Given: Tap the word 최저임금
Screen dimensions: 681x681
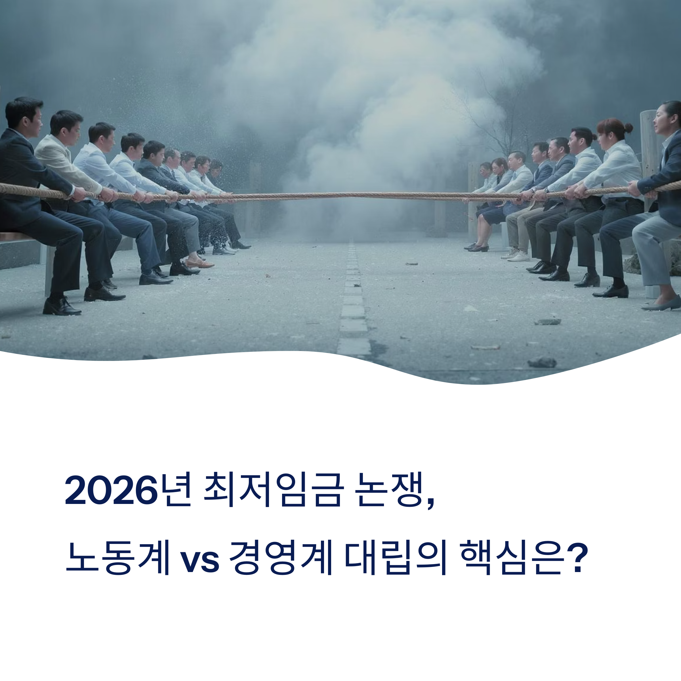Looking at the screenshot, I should [273, 490].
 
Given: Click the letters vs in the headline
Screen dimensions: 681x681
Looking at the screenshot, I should [199, 560].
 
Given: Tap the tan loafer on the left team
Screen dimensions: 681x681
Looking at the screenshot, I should [199, 263].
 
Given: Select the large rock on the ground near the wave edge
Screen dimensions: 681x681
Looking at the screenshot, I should [542, 362].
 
